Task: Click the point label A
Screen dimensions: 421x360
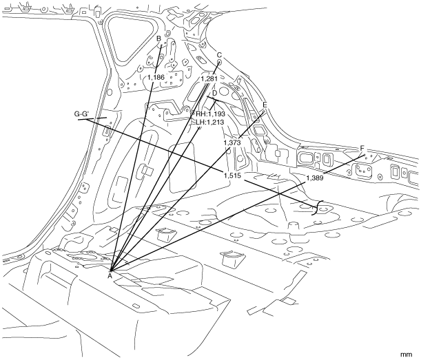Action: pyautogui.click(x=110, y=276)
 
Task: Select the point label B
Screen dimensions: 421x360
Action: pyautogui.click(x=158, y=39)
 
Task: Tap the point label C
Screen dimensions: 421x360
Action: pyautogui.click(x=219, y=55)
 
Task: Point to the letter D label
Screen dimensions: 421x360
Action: pyautogui.click(x=214, y=93)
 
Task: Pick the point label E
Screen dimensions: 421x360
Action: pyautogui.click(x=265, y=105)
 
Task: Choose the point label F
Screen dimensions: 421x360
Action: pyautogui.click(x=362, y=149)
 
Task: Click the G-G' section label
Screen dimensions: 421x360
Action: pyautogui.click(x=81, y=114)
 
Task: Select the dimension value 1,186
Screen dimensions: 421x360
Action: pyautogui.click(x=156, y=78)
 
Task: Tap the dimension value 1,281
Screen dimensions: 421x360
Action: pyautogui.click(x=209, y=79)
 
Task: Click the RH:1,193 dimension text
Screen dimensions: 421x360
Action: pyautogui.click(x=211, y=114)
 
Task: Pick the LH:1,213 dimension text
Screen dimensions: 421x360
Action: pyautogui.click(x=210, y=123)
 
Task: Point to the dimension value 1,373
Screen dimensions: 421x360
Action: pyautogui.click(x=232, y=142)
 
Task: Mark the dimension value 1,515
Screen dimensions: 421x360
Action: pyautogui.click(x=232, y=176)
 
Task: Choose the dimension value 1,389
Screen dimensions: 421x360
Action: pyautogui.click(x=314, y=178)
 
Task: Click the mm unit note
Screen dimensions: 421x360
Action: pyautogui.click(x=407, y=354)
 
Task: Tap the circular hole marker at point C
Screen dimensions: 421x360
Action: pyautogui.click(x=219, y=62)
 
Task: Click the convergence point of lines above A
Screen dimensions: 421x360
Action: pyautogui.click(x=110, y=271)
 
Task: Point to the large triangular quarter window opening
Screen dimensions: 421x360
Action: pyautogui.click(x=130, y=38)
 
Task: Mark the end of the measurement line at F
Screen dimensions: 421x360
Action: pyautogui.click(x=364, y=155)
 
